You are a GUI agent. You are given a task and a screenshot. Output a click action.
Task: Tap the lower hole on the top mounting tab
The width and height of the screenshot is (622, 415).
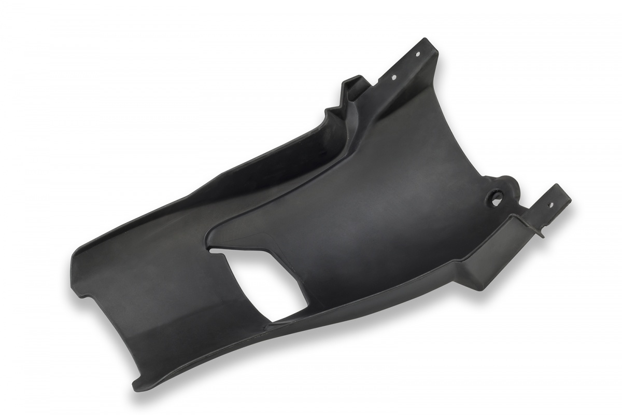point(393,77)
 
